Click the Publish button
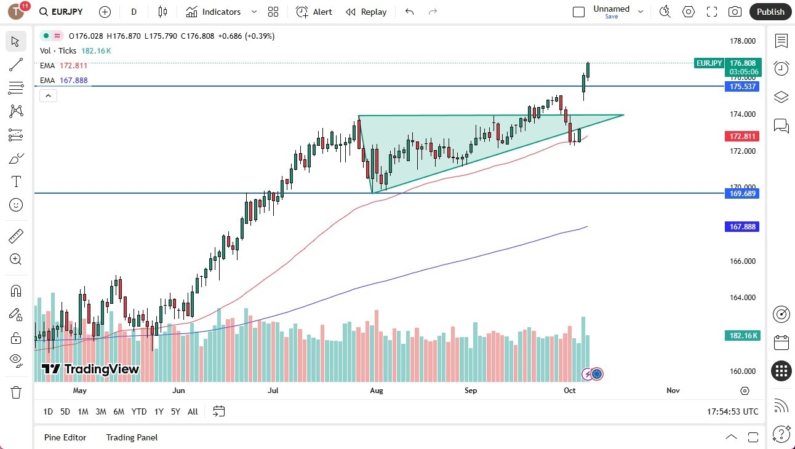coord(770,12)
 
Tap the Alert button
coord(314,12)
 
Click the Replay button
coord(366,12)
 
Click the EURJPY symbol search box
coord(61,12)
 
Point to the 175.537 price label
coord(743,87)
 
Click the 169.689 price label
coord(743,193)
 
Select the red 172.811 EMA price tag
coord(743,136)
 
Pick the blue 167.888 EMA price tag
coord(743,227)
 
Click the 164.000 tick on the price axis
coord(742,298)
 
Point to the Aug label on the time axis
coord(377,390)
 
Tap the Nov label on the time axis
coord(673,390)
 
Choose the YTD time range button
coord(139,411)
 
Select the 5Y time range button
coord(175,411)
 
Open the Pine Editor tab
coord(65,437)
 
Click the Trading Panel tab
coord(132,437)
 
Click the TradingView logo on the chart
coord(90,369)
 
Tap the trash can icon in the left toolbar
coord(16,392)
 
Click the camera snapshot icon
coord(735,12)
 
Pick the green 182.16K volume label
coord(743,336)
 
